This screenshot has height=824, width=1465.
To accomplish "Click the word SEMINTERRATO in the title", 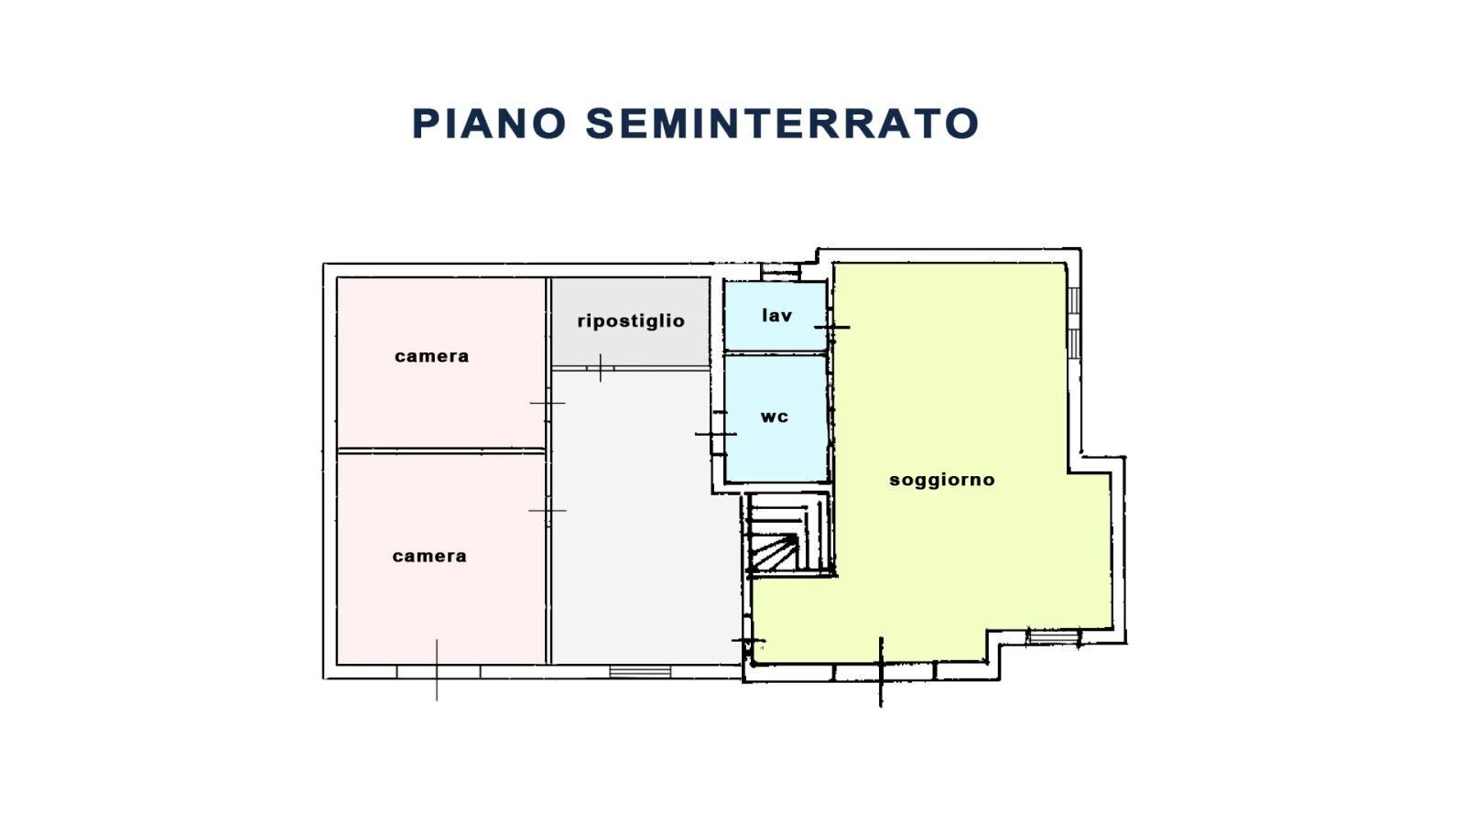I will click(783, 124).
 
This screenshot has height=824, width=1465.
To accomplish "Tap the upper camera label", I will click(431, 356).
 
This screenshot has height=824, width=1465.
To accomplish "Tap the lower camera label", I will click(429, 556).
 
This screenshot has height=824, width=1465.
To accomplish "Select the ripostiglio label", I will click(631, 320).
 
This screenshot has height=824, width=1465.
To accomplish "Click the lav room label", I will click(776, 315).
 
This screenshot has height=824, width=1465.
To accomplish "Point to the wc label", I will click(775, 417).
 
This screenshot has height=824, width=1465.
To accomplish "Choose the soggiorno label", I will click(941, 480).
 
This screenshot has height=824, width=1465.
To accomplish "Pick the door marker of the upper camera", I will click(548, 403).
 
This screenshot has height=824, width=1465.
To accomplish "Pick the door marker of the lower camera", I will click(548, 510).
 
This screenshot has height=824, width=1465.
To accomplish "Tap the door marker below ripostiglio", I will click(600, 368).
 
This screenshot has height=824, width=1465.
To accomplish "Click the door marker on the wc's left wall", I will click(715, 433).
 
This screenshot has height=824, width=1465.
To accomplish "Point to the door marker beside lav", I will click(831, 327).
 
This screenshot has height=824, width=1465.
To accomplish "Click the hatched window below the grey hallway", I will click(640, 672).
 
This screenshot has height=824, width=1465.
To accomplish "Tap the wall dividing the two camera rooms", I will click(441, 450).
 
